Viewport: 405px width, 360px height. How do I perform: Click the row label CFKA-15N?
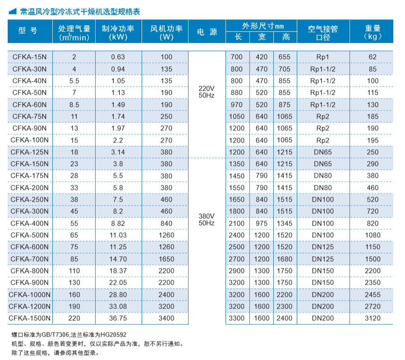point(30,57)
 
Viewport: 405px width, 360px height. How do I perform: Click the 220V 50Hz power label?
point(207,92)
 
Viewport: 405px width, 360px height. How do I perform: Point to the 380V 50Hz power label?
point(207,219)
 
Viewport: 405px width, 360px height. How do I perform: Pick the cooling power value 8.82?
point(118,223)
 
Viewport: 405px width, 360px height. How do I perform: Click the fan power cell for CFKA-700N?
point(166,259)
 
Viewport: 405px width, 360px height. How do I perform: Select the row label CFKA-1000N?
point(30,295)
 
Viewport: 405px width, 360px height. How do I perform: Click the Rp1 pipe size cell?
point(323,57)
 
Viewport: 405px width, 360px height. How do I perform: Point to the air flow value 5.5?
point(74,81)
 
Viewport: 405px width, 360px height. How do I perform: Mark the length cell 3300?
point(237,318)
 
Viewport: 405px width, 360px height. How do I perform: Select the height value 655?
point(285,57)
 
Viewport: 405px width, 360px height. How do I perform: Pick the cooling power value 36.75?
point(118,318)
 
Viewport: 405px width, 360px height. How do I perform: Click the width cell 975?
point(262,223)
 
